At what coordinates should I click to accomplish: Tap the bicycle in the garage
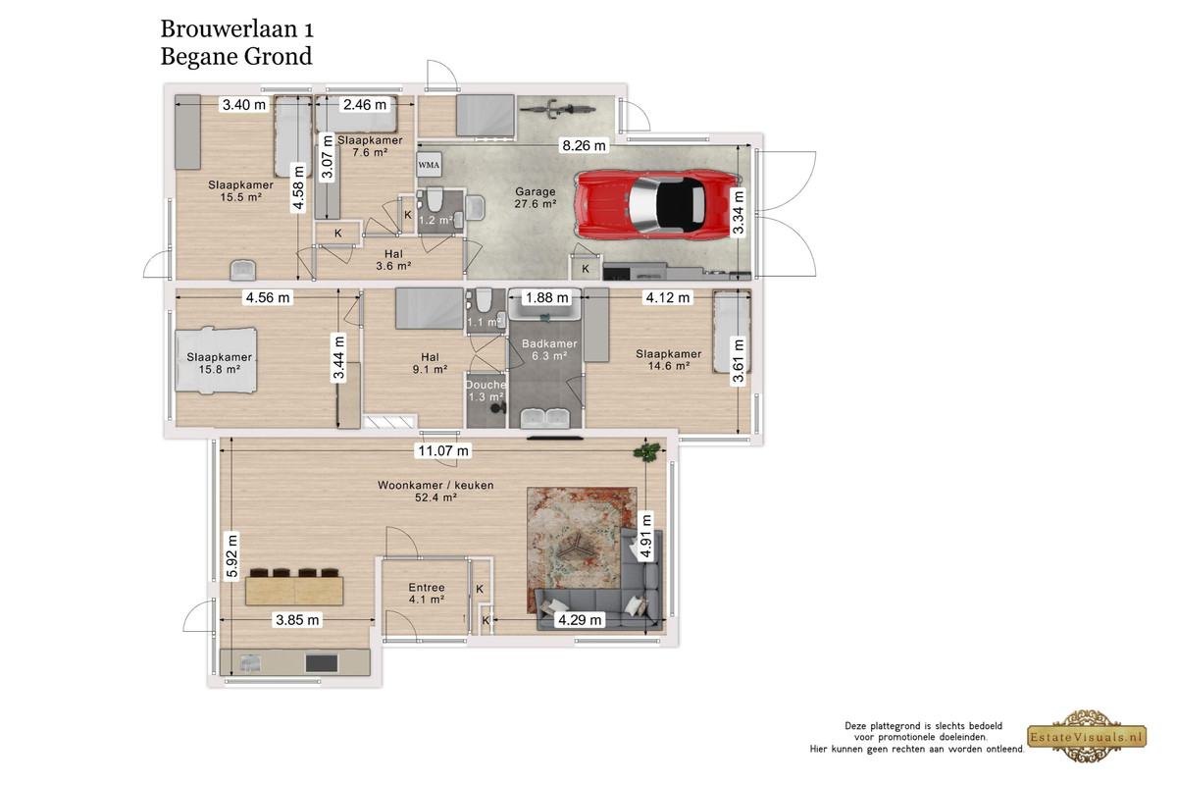click(x=557, y=109)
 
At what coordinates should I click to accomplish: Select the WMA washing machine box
click(x=429, y=165)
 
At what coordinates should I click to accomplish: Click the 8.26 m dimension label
click(x=584, y=145)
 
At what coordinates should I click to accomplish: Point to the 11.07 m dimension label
click(x=443, y=450)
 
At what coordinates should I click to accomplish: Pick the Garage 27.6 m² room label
click(x=535, y=197)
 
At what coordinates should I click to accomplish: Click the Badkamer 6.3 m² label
click(x=549, y=349)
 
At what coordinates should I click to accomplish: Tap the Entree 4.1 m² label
click(x=427, y=593)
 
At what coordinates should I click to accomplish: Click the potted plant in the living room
click(x=646, y=451)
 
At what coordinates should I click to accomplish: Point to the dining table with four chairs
click(x=294, y=587)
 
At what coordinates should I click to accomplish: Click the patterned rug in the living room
click(x=582, y=549)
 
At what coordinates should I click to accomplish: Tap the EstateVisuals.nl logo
click(x=1087, y=736)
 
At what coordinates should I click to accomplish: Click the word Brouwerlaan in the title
click(x=230, y=28)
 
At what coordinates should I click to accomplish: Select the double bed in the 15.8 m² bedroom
click(x=216, y=360)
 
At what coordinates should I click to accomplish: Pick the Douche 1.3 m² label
click(x=486, y=391)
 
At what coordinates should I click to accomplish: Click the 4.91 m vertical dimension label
click(x=646, y=536)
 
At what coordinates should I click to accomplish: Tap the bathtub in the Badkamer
click(x=545, y=304)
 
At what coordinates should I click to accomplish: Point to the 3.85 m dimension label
click(x=297, y=620)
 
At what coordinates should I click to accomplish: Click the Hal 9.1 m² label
click(x=430, y=363)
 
